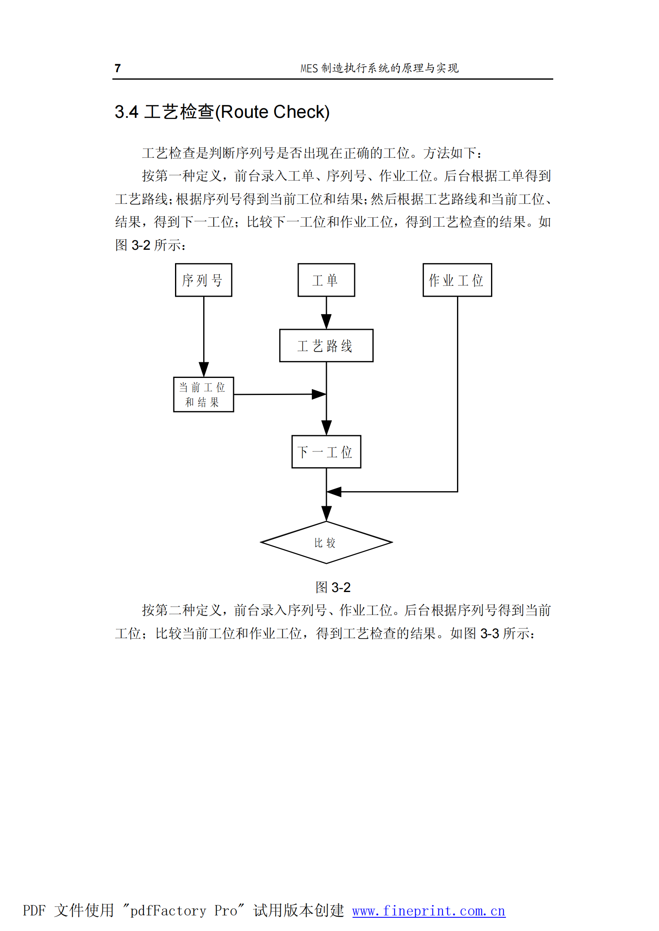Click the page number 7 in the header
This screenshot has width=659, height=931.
pos(118,68)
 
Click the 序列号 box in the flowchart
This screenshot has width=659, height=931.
pos(203,280)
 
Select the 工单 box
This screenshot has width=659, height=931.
pos(326,280)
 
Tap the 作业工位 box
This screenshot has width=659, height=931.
pos(457,280)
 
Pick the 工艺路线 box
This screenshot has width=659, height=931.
pos(326,346)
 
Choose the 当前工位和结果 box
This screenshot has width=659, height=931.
pos(203,394)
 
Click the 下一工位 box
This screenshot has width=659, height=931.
pos(326,452)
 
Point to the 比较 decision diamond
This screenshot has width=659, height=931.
pos(326,542)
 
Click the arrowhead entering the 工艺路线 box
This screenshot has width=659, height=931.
pos(326,322)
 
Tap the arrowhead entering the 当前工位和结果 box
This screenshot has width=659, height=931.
pos(204,369)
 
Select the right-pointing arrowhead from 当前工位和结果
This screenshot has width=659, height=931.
pos(319,394)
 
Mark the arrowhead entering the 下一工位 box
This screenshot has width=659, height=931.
pos(326,427)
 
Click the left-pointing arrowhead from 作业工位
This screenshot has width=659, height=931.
pos(334,492)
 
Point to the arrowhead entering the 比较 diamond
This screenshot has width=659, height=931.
pos(326,514)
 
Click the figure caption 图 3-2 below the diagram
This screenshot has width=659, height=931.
pos(333,587)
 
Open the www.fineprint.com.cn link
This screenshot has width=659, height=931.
pos(428,911)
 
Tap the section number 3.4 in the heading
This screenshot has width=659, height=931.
pos(126,112)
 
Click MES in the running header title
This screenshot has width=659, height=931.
pos(309,68)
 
